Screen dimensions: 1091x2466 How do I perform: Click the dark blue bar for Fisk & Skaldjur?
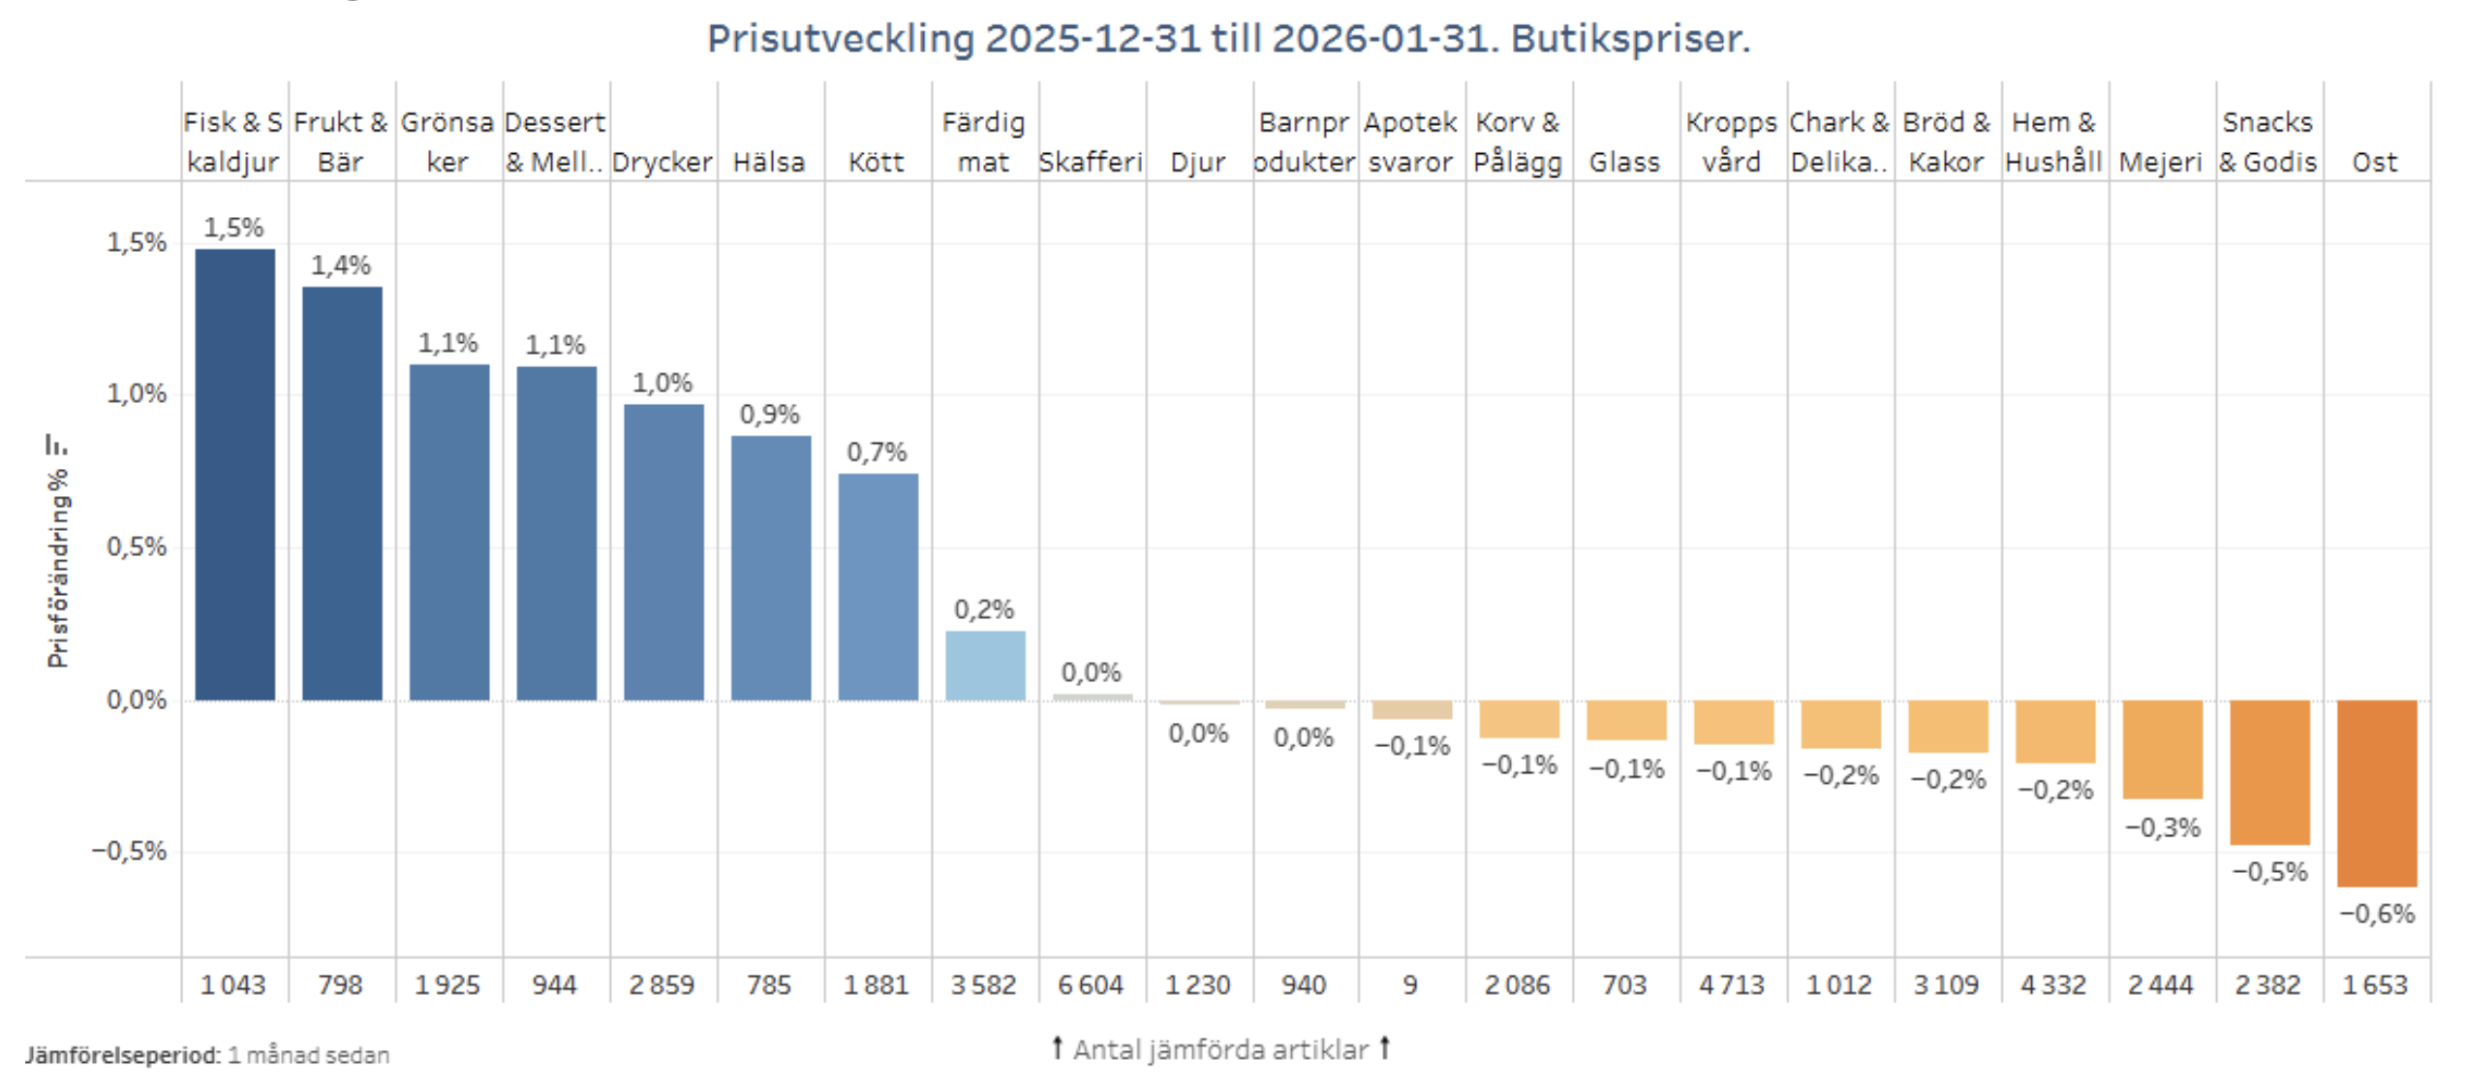point(234,475)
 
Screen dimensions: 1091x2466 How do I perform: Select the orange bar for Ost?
point(2376,793)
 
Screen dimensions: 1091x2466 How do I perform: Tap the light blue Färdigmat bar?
point(985,666)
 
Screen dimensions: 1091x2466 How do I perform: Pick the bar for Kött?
point(878,586)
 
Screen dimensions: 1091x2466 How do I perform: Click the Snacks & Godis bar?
point(2268,772)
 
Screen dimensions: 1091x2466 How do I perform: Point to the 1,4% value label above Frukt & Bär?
point(340,265)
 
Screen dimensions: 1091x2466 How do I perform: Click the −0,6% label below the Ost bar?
point(2377,914)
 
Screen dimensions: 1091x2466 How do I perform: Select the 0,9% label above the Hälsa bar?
point(769,415)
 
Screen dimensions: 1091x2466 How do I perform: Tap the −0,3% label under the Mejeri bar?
point(2162,827)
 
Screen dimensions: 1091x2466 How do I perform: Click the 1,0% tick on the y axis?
point(137,393)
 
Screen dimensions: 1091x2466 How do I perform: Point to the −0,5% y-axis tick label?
point(129,851)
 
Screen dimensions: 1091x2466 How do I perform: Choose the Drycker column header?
point(663,162)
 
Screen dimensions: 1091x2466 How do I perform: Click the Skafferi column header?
point(1091,162)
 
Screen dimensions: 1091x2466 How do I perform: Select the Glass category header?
point(1624,162)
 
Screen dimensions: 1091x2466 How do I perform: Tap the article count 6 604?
point(1091,984)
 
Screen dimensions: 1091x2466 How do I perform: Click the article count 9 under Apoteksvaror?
point(1410,984)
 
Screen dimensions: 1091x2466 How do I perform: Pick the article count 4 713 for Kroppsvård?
point(1732,984)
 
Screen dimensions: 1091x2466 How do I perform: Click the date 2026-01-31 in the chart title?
point(1379,39)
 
